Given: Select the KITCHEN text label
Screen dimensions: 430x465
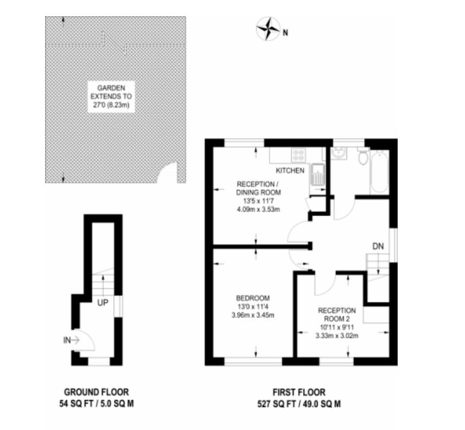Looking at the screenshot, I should click(x=294, y=170).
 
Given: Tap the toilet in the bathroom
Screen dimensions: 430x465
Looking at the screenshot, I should click(x=362, y=157).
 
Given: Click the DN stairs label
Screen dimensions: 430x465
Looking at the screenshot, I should click(x=378, y=246).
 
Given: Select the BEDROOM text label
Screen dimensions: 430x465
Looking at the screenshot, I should click(x=253, y=298).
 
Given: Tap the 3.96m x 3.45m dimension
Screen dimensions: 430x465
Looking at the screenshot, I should click(x=253, y=315).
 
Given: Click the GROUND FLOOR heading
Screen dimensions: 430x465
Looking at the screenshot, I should click(x=96, y=391).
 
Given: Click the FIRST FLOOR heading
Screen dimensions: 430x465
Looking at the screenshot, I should click(x=299, y=391).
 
